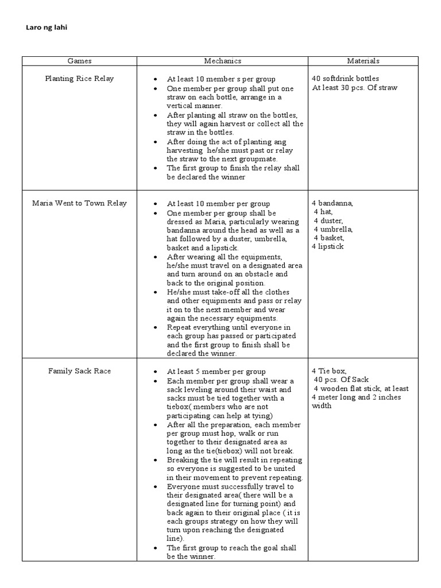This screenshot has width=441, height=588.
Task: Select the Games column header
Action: coord(79,61)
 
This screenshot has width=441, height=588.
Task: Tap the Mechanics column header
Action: coord(222,61)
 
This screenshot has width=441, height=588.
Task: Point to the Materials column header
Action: coord(363,61)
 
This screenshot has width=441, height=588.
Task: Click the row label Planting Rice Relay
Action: coord(79,79)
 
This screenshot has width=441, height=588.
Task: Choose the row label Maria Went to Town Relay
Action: coord(79,203)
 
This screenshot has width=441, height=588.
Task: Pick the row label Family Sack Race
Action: coord(79,371)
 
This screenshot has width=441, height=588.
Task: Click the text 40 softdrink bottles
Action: coord(345,79)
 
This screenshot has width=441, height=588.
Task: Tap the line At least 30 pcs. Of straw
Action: coord(354,88)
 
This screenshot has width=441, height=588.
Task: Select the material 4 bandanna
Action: coord(332,203)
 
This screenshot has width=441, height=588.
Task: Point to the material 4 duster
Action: coord(328,220)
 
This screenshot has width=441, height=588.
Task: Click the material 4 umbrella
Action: coord(333,229)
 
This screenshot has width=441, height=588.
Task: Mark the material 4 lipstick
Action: coord(328,246)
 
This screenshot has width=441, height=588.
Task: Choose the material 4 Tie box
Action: coord(329,371)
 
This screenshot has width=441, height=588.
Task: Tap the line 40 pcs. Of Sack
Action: coord(341,380)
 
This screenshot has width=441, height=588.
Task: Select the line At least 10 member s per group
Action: coord(221,79)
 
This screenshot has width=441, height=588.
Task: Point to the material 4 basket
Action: coord(328,238)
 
